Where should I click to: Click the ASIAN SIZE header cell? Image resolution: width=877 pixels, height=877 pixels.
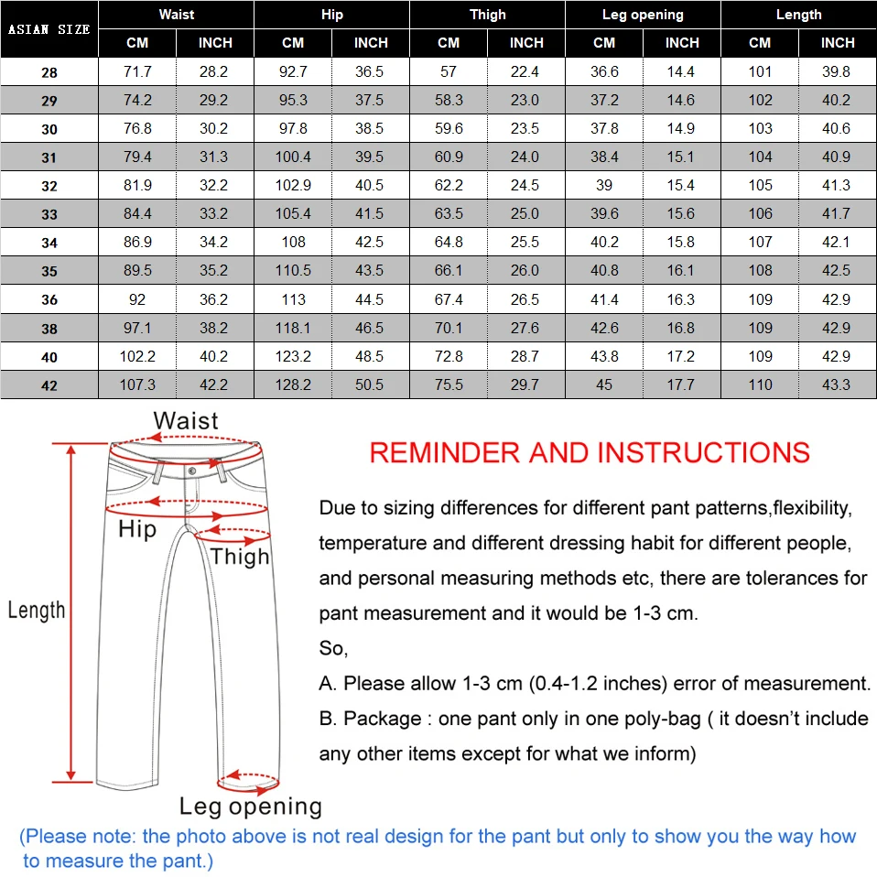[49, 29]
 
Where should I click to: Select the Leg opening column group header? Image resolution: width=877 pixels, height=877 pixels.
[643, 15]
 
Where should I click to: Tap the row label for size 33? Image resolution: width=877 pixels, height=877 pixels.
[49, 214]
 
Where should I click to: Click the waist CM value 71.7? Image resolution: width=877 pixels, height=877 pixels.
[137, 71]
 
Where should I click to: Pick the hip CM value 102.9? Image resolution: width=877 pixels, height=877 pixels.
[293, 185]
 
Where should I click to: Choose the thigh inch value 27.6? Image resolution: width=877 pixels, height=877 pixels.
[525, 328]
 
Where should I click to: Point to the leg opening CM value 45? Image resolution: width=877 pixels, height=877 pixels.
[604, 384]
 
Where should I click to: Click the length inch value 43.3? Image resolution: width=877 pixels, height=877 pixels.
[837, 384]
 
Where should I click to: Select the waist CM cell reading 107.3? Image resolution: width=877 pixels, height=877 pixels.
[137, 384]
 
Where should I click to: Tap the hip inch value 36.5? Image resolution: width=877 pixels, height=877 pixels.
[370, 71]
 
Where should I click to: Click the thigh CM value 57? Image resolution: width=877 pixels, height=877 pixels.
[449, 71]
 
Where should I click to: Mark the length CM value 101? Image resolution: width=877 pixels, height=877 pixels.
[760, 71]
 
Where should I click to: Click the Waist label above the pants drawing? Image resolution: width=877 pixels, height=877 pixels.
[186, 421]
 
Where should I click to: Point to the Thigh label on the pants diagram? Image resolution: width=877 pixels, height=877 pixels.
[240, 557]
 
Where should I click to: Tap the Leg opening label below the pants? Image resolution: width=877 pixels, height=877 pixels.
[250, 807]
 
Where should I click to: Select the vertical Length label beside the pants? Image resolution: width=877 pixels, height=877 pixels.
[37, 611]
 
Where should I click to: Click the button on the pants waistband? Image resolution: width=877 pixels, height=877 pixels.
[192, 471]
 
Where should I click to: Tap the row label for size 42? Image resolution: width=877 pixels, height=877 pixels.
[49, 385]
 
